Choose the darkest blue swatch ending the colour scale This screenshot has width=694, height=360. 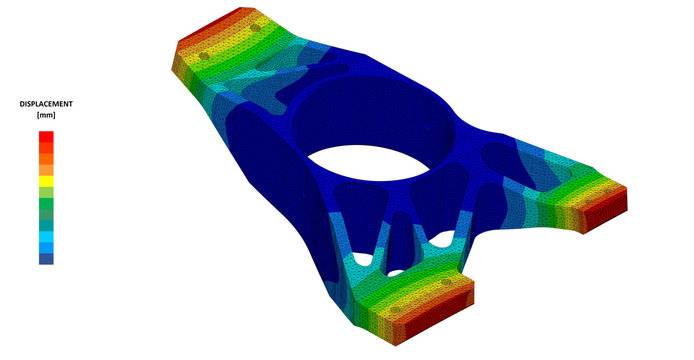pos(46,258)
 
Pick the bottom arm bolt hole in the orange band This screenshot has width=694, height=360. pos(443,283)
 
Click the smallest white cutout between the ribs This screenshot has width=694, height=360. pos(395,270)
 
